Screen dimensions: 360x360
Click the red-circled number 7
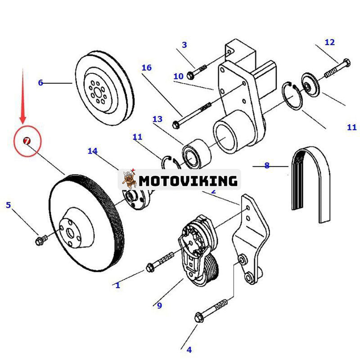coord(27,141)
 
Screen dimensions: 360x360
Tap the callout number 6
coord(40,83)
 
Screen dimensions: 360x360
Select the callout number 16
coord(147,68)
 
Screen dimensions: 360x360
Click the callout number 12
coord(329,42)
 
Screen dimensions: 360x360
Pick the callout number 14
coord(92,151)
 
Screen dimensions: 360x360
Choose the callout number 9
coord(159,306)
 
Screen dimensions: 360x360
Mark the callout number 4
coord(189,349)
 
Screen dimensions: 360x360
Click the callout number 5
coord(8,205)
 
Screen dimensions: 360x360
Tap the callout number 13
coord(157,119)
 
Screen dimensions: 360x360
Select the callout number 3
coord(184,45)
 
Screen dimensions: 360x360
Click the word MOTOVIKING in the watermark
coord(188,181)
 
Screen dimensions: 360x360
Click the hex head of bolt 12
coord(346,63)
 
